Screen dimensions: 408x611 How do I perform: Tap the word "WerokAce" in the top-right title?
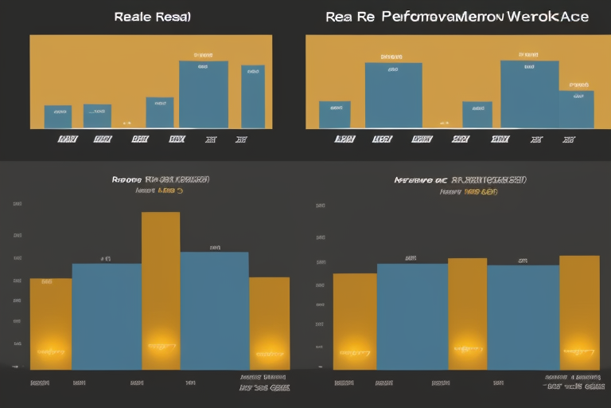pos(544,17)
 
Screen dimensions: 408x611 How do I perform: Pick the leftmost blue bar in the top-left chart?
pos(57,116)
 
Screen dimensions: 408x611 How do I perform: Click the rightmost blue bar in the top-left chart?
pos(253,96)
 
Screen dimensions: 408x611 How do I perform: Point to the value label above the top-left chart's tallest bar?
pos(203,56)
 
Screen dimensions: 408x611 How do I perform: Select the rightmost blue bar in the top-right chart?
pos(576,109)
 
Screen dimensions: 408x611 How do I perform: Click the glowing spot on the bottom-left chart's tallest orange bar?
pos(161,346)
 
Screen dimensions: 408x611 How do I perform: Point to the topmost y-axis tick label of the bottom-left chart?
pos(17,204)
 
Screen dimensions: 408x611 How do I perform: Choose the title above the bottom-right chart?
pos(460,180)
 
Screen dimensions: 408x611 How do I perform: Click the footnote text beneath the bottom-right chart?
pos(573,382)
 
